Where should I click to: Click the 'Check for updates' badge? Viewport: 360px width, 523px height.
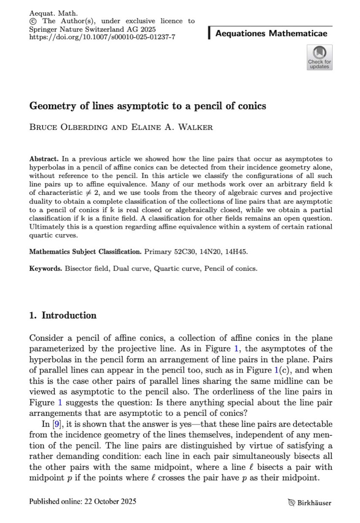click(319, 58)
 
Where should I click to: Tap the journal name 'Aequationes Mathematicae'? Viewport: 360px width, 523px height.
click(271, 34)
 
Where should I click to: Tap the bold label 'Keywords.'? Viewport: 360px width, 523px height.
click(46, 268)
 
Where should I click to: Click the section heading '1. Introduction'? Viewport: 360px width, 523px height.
click(63, 315)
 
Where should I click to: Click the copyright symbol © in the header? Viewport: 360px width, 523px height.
click(32, 21)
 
